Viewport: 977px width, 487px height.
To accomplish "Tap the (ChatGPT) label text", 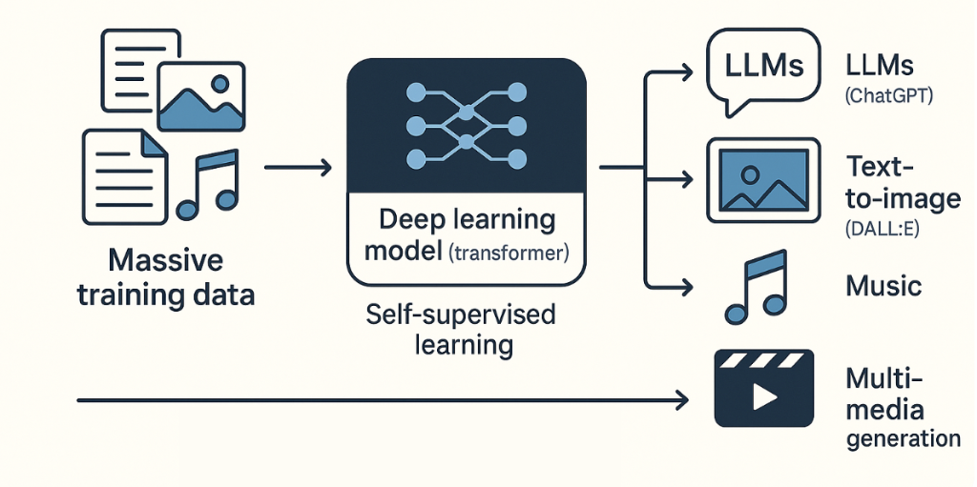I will [x=889, y=96].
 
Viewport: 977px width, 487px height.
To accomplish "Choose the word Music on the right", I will [x=883, y=285].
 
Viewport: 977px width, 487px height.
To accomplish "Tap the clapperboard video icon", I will [x=762, y=388].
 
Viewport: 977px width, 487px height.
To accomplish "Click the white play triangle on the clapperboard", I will [x=764, y=396].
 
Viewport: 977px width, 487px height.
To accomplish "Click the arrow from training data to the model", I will [x=297, y=169].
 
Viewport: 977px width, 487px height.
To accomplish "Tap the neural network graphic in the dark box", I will [x=466, y=126].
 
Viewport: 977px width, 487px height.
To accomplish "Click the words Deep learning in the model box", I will [x=466, y=220].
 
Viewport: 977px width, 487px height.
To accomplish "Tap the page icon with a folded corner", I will [x=121, y=171].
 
